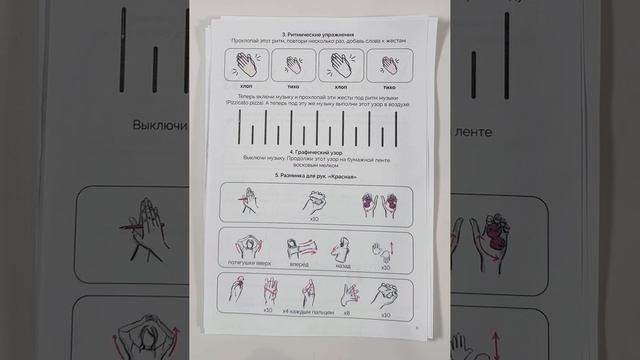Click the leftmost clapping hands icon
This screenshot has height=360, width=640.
click(246, 67)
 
